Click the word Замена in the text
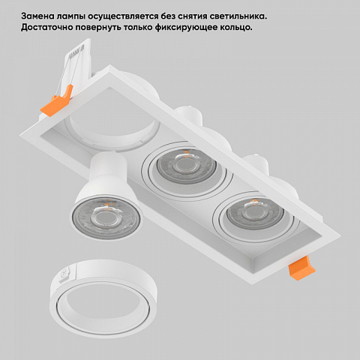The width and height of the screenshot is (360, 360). click(x=37, y=16)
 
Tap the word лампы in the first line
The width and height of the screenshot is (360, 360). click(x=71, y=17)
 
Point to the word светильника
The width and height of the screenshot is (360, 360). click(x=238, y=16)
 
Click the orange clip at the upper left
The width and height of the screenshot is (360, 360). click(x=56, y=100)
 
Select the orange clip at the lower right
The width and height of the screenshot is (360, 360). click(x=301, y=268)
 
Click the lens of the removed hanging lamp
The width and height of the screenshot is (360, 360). click(x=106, y=218)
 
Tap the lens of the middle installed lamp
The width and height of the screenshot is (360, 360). click(x=186, y=165)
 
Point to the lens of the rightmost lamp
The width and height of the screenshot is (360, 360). click(x=255, y=214)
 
